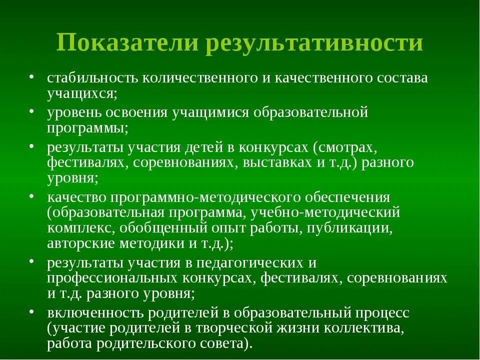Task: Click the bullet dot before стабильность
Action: [32, 78]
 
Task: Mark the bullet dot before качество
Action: [32, 196]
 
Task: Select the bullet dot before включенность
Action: [32, 313]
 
